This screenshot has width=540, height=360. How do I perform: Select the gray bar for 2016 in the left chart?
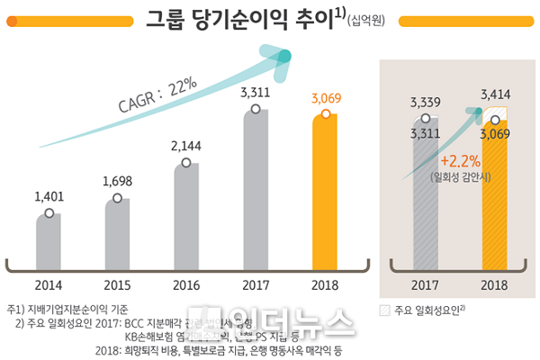point(186,211)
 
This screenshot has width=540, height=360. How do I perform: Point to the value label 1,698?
point(118,181)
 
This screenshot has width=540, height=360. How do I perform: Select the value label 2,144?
point(186,146)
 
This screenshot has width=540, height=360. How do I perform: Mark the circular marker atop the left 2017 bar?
point(256,109)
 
